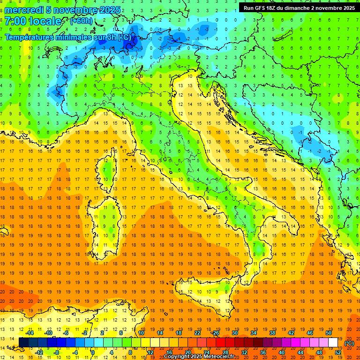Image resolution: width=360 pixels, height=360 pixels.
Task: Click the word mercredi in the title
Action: (24, 10)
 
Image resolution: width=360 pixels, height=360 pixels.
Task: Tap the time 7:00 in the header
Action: (15, 21)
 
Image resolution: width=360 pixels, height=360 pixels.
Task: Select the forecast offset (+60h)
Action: (81, 21)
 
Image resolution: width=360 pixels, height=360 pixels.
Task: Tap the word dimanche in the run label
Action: (295, 7)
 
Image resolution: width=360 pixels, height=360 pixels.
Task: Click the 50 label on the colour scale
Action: (329, 333)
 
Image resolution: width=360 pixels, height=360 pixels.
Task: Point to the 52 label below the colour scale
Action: (338, 352)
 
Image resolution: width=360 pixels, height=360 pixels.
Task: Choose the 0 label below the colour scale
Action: (92, 352)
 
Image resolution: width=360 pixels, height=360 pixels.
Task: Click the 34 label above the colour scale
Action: (254, 333)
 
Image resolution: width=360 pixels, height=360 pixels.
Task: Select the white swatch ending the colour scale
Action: (333, 343)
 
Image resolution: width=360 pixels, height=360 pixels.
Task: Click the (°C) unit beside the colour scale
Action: (349, 343)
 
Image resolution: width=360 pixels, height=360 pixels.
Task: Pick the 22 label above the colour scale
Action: (197, 333)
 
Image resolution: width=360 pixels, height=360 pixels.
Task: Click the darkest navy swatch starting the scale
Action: (23, 343)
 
